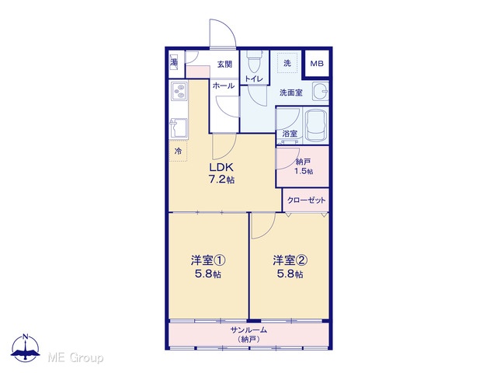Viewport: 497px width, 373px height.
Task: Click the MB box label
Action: click(317, 64)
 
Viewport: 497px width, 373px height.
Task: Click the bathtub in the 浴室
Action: click(316, 126)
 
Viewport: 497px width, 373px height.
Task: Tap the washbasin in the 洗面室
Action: click(320, 92)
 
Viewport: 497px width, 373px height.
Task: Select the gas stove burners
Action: click(179, 91)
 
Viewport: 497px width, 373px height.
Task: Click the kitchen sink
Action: click(179, 127)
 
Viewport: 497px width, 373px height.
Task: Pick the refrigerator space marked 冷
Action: click(178, 152)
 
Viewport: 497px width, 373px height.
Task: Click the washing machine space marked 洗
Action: click(287, 63)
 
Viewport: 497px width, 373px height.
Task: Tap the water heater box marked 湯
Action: click(174, 62)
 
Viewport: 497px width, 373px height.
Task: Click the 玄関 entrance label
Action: click(224, 64)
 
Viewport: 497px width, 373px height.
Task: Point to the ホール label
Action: click(224, 85)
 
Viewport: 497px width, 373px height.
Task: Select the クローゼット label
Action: click(306, 200)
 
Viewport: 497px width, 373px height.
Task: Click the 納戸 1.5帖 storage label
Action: click(304, 166)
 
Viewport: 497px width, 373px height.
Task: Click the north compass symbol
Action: click(26, 347)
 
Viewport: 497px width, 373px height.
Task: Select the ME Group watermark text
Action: click(75, 357)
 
